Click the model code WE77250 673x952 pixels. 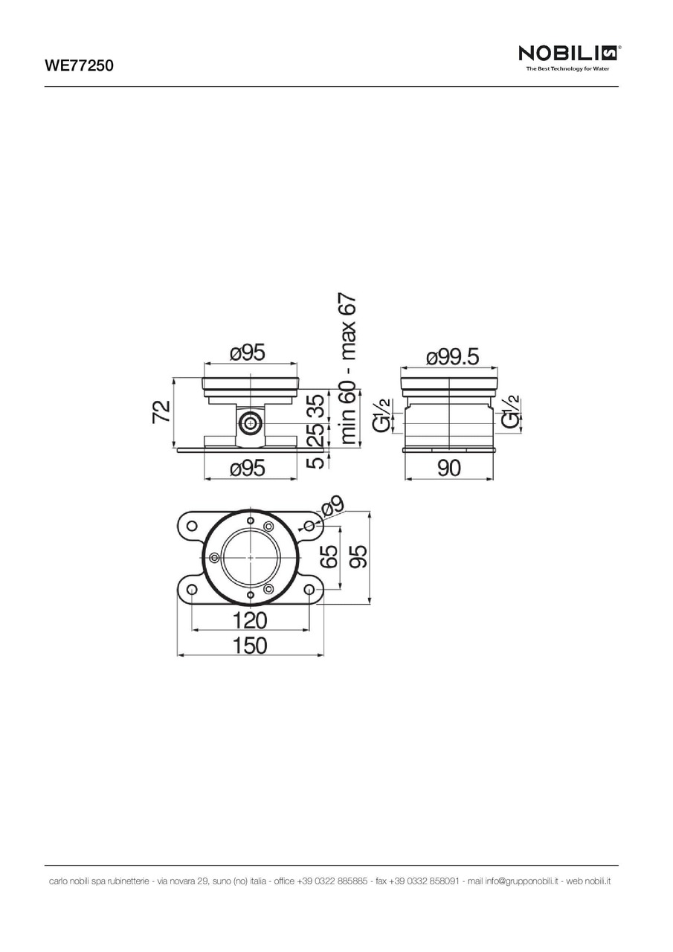(x=78, y=65)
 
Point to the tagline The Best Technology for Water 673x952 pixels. (x=567, y=69)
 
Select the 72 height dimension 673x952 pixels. (x=161, y=411)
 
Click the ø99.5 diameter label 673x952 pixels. (x=452, y=357)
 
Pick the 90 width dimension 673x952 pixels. (x=449, y=468)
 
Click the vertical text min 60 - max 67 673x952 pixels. (x=348, y=370)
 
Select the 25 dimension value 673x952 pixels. (x=316, y=435)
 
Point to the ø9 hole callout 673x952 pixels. (x=333, y=508)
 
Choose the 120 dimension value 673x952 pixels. (x=250, y=620)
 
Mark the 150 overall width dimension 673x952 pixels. (x=250, y=646)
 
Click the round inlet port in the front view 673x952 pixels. (x=250, y=425)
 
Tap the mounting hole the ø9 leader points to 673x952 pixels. (x=309, y=526)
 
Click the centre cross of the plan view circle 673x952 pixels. (x=251, y=557)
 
